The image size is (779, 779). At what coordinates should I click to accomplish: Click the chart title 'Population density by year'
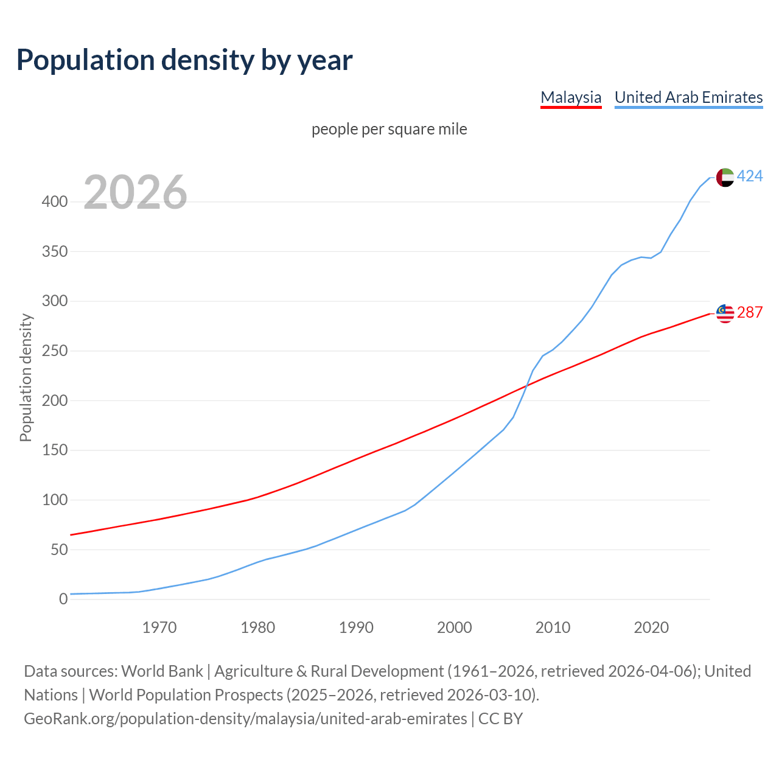[184, 60]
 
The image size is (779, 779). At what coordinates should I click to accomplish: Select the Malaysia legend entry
[571, 97]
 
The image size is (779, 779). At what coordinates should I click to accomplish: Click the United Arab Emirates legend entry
[688, 97]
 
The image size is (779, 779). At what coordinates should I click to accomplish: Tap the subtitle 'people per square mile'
[389, 129]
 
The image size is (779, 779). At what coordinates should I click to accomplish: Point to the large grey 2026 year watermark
[135, 192]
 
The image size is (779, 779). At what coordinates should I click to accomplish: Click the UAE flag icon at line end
[725, 177]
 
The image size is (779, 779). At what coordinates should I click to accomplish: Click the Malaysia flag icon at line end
[725, 313]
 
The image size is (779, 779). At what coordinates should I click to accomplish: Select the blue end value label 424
[750, 176]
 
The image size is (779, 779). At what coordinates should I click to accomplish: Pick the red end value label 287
[750, 313]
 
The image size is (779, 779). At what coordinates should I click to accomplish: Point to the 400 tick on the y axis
[55, 201]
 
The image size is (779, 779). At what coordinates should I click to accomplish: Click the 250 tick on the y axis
[55, 351]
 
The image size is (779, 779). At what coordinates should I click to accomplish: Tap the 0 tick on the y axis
[63, 599]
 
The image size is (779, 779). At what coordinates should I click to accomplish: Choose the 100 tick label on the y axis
[55, 500]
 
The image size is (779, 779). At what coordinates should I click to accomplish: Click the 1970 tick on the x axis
[159, 627]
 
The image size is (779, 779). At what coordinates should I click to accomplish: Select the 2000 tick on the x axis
[455, 627]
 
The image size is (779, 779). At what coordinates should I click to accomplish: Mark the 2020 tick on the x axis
[651, 627]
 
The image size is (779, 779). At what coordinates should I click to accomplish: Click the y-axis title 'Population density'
[26, 377]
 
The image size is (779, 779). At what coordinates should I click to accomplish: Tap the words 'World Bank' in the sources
[162, 671]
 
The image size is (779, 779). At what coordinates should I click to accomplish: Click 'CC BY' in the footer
[500, 719]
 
